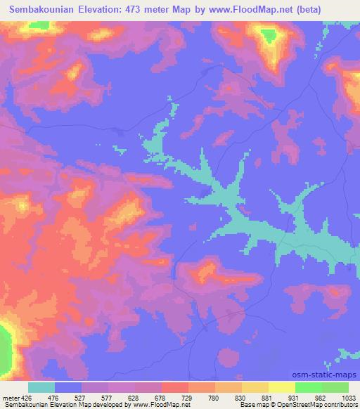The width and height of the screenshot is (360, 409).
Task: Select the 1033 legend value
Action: [x=348, y=397]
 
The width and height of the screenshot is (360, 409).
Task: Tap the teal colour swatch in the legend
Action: [x=42, y=387]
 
